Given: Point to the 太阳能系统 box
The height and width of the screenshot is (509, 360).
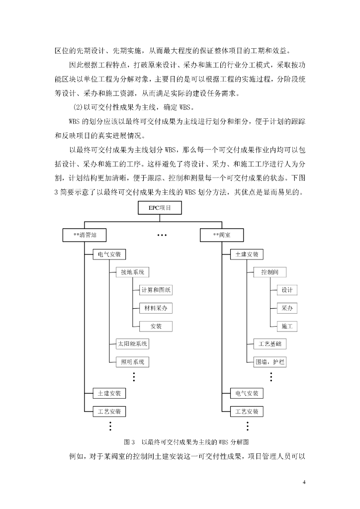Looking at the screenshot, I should coord(132,344).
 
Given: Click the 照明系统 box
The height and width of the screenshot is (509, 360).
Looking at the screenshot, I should coord(132,362).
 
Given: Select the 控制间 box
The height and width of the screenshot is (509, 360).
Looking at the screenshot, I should coord(270,272).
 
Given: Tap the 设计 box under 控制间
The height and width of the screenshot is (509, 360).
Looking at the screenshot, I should coord(287,290).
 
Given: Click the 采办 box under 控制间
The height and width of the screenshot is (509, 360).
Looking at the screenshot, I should coord(287,308).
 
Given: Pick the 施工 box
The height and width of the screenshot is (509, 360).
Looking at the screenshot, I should coord(287,326).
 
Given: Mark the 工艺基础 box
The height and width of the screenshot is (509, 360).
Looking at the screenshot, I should coord(270,344).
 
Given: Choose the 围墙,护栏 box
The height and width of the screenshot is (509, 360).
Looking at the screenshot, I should coord(270,362).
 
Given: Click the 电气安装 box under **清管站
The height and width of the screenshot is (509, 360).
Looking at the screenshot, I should coord(109,254).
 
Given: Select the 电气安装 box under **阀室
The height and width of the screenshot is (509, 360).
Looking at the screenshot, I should coord(247,394).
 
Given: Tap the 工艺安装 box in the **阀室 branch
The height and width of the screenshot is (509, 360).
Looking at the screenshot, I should coord(247,412).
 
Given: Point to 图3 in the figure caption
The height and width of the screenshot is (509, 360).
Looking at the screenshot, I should coord(129,442).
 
